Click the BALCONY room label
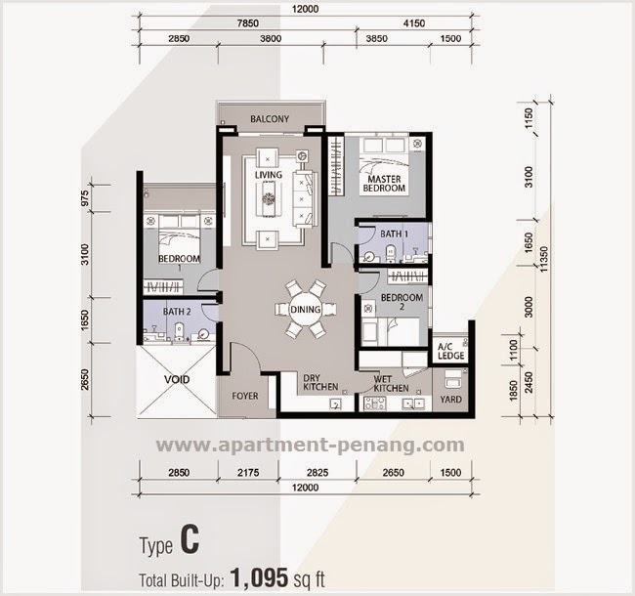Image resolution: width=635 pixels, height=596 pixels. [x=269, y=119]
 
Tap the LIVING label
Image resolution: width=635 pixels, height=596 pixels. [x=269, y=175]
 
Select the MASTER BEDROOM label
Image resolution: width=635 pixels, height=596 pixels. [x=385, y=185]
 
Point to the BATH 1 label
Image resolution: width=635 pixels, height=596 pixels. [x=393, y=234]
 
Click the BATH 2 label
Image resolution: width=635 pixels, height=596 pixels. [x=176, y=312]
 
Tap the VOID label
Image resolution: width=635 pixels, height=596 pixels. [x=176, y=379]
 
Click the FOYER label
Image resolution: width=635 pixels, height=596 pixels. [x=245, y=397]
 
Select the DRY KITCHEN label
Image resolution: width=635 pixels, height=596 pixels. [x=319, y=382]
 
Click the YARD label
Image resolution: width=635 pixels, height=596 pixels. [x=450, y=399]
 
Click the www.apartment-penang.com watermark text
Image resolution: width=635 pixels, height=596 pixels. [x=310, y=446]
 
